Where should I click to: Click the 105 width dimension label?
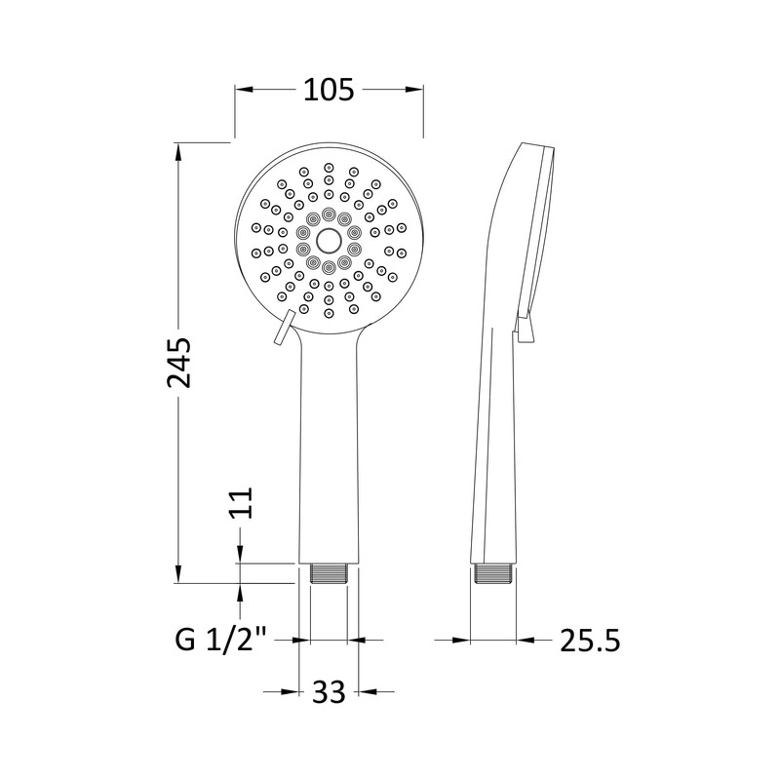click(x=328, y=91)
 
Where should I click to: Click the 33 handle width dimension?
click(x=330, y=692)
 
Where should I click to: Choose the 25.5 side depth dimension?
click(x=590, y=641)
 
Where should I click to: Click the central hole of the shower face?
click(x=329, y=237)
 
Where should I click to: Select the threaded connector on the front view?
click(x=329, y=573)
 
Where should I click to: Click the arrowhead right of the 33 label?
click(x=365, y=692)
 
